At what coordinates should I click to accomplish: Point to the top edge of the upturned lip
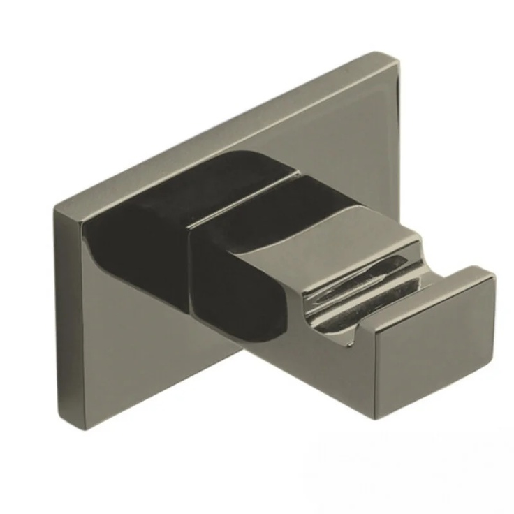coord(426,286)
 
